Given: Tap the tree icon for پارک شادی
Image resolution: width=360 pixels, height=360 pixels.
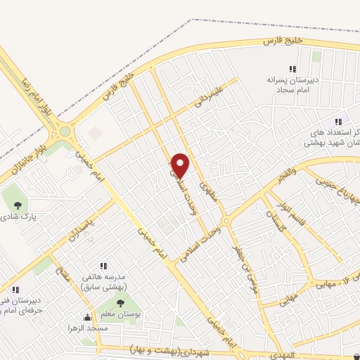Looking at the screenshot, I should tap(18, 205).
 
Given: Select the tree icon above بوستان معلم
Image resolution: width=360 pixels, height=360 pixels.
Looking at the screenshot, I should tap(120, 303).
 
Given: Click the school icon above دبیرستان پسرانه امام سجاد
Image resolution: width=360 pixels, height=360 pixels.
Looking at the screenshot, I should tap(292, 69).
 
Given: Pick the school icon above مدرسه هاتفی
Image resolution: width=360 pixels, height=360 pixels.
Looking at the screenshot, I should tap(103, 266).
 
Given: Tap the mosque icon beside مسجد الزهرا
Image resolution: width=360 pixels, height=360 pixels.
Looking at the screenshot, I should tap(87, 317).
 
